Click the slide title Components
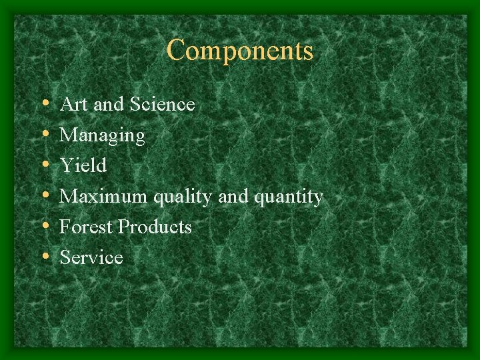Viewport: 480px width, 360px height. (x=240, y=51)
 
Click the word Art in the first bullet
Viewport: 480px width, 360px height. (x=70, y=105)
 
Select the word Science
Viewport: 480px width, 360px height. (x=163, y=105)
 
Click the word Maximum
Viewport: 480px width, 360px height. (x=105, y=197)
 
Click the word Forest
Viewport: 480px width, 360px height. (x=86, y=227)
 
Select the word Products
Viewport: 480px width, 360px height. (x=155, y=227)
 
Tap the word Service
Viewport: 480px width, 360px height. (x=91, y=258)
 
